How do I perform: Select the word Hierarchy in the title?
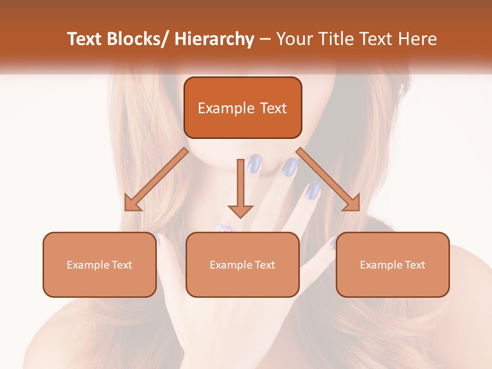[214, 39]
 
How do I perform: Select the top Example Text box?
[242, 108]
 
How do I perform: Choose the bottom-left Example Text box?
[99, 264]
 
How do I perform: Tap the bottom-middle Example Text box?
[242, 264]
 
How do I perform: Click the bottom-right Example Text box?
[393, 264]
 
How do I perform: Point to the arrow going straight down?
[240, 190]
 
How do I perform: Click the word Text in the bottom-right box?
[415, 265]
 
